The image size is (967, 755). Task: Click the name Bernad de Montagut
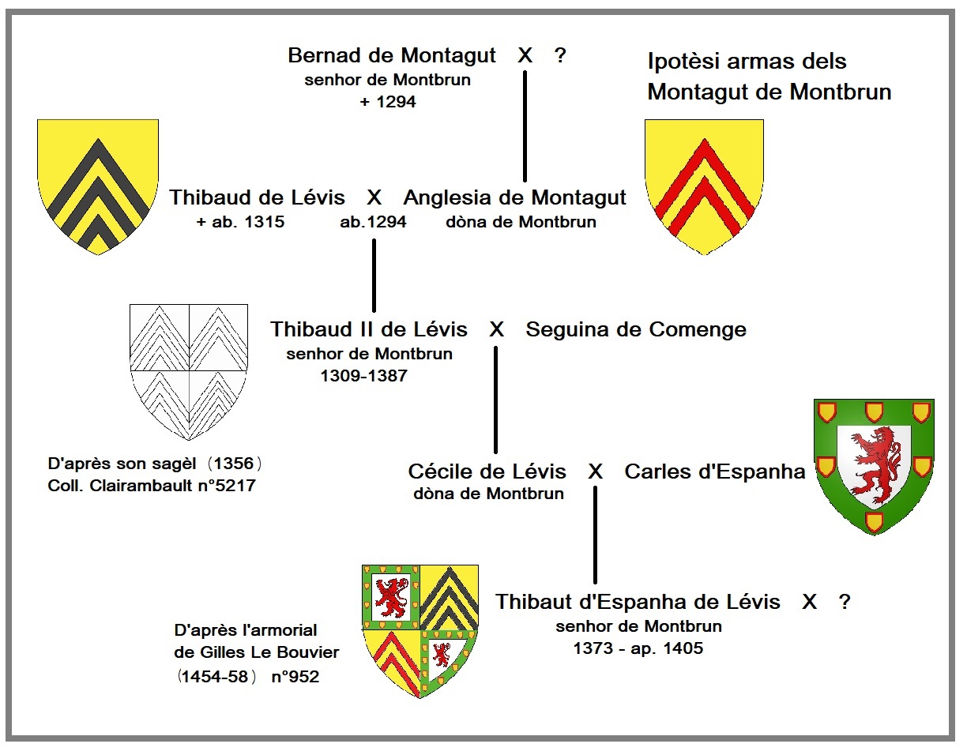coord(392,56)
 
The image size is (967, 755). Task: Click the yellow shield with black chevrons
coord(98,186)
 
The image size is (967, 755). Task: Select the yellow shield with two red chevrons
coord(704,186)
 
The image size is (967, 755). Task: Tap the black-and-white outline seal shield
coord(189,371)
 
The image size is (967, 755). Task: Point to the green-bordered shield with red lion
coord(874,466)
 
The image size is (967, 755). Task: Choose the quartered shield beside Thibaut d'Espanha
coord(420,630)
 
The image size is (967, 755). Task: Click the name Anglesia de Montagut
coord(514,197)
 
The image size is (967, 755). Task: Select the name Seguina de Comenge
coord(636,329)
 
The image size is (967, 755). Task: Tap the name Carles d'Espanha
coord(715,471)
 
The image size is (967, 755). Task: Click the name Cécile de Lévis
coord(487,471)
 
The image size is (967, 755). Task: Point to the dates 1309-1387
coord(363,376)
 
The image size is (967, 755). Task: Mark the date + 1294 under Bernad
coord(387,102)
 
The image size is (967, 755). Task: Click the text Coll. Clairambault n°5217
coord(152,486)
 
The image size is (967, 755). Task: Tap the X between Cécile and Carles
coord(596,471)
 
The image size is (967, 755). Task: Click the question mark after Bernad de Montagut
coord(560,56)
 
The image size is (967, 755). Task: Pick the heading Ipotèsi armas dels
coord(747,62)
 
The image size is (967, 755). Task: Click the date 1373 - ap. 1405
coord(638,649)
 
